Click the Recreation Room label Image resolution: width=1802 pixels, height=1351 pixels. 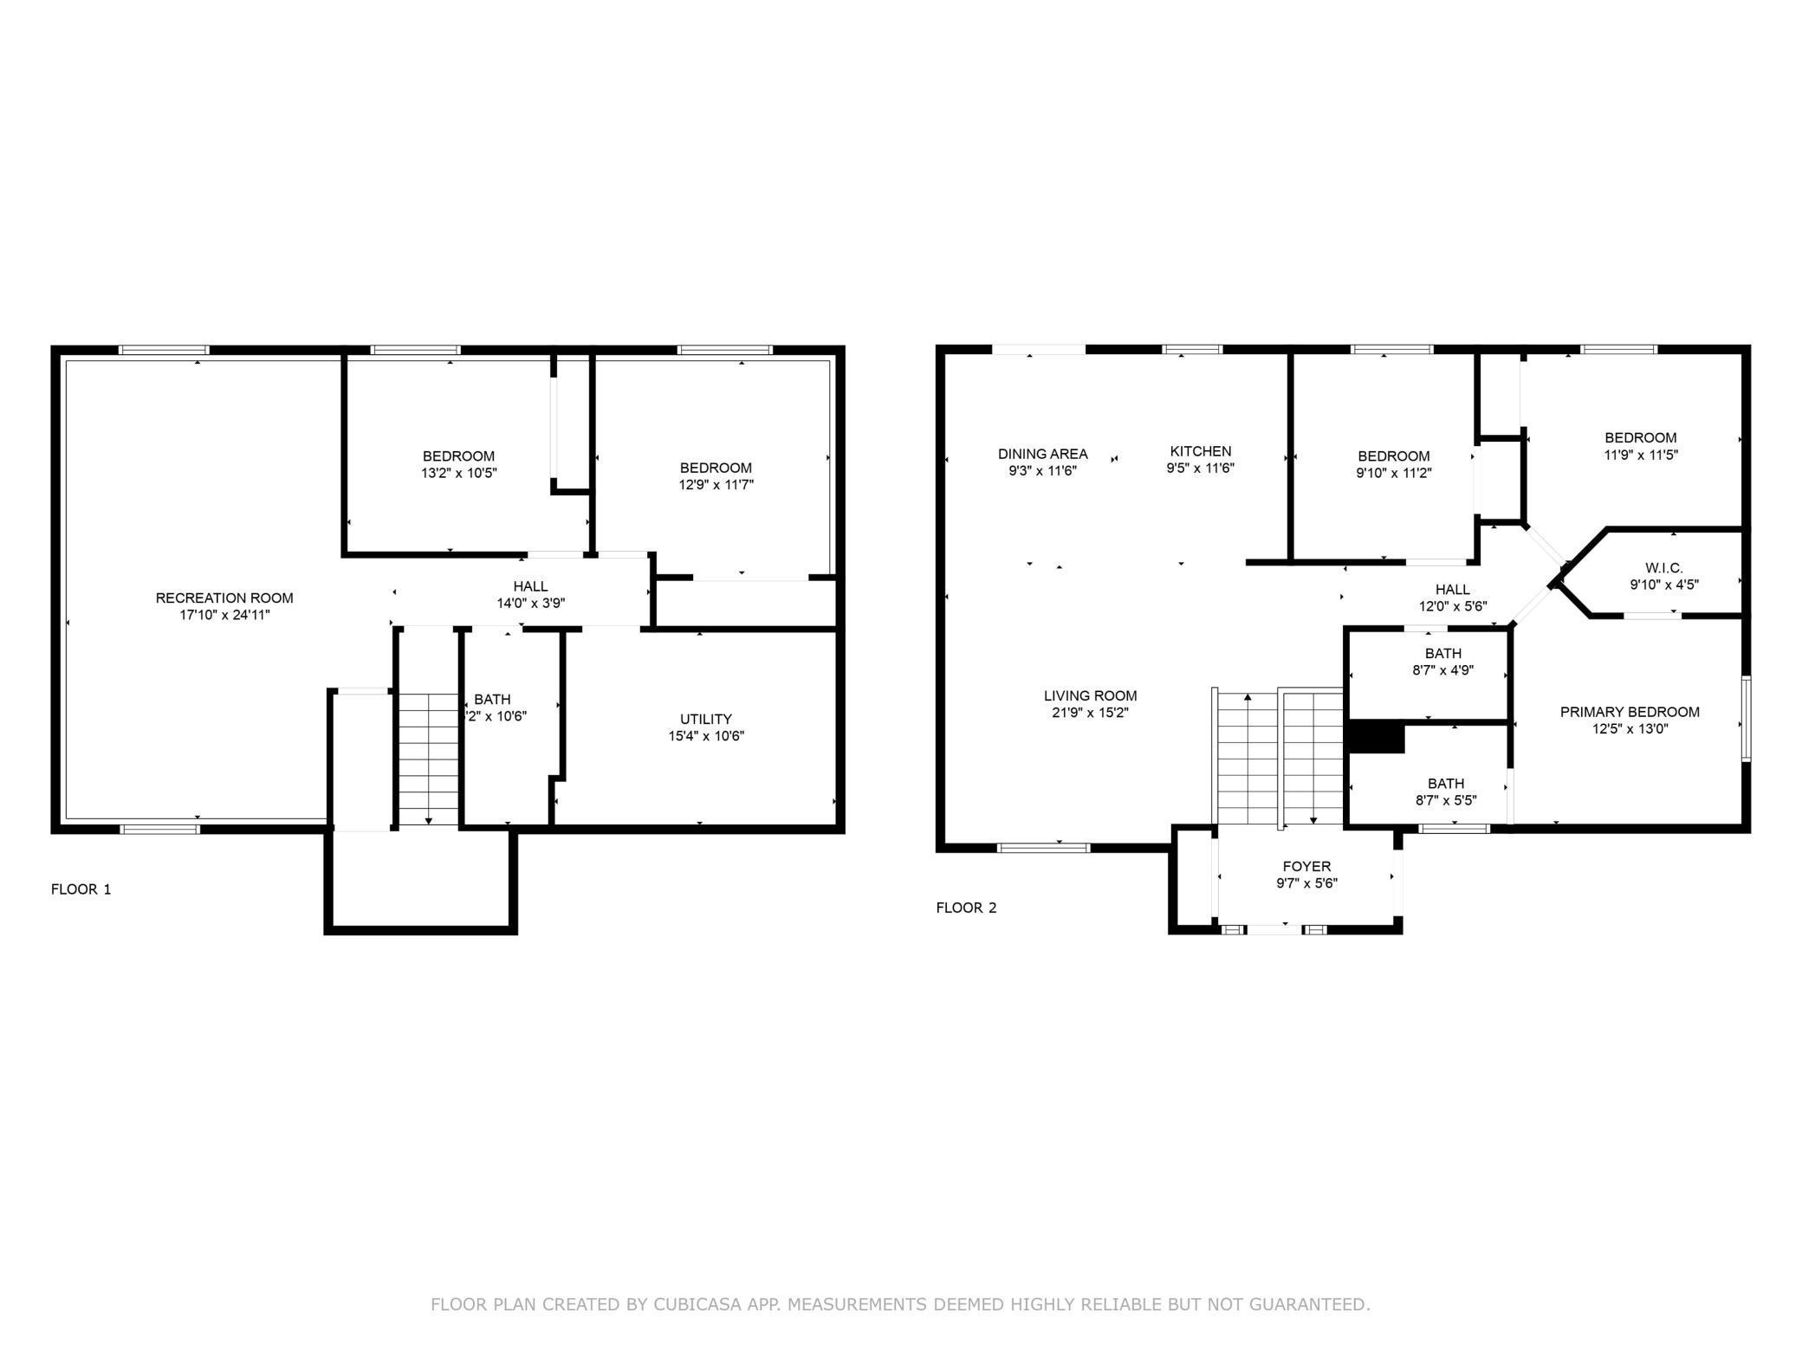tap(224, 598)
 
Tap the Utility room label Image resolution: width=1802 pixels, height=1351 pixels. tap(706, 719)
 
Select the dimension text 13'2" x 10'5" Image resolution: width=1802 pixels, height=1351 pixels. tap(459, 473)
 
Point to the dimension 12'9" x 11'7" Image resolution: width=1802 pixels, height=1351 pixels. tap(716, 485)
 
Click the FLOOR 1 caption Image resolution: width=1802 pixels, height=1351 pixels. tap(81, 889)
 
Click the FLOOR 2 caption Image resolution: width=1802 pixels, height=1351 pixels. tap(966, 908)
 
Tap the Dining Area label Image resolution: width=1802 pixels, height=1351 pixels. tap(1043, 454)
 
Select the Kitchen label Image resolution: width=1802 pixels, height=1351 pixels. tap(1201, 451)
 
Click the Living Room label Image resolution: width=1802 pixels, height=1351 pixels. tap(1091, 695)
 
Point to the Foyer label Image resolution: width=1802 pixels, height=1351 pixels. tap(1307, 866)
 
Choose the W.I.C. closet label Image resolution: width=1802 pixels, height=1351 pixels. tap(1664, 567)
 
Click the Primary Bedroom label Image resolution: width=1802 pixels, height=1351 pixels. tap(1630, 712)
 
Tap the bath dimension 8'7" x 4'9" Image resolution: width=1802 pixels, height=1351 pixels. tap(1443, 669)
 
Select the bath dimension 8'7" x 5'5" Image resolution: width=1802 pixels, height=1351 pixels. tap(1447, 800)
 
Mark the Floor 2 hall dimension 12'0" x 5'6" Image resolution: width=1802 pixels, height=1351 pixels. tap(1453, 606)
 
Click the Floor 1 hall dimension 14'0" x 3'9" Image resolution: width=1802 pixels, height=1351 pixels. tap(531, 603)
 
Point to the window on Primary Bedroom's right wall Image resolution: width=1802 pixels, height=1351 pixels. tap(1747, 719)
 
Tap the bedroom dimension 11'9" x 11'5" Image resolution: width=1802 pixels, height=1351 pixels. tap(1641, 454)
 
